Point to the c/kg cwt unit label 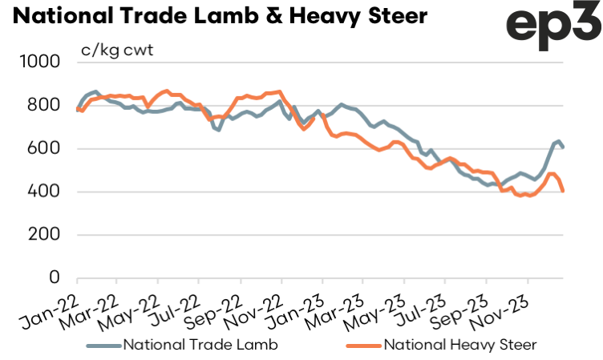coord(117,51)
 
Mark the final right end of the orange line coord(563,191)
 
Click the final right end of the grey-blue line coord(563,148)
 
